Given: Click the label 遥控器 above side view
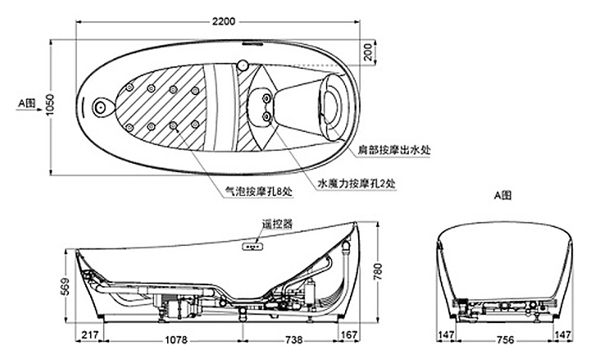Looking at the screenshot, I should pos(277,223).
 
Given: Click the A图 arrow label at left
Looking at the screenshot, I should pos(25,104).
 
